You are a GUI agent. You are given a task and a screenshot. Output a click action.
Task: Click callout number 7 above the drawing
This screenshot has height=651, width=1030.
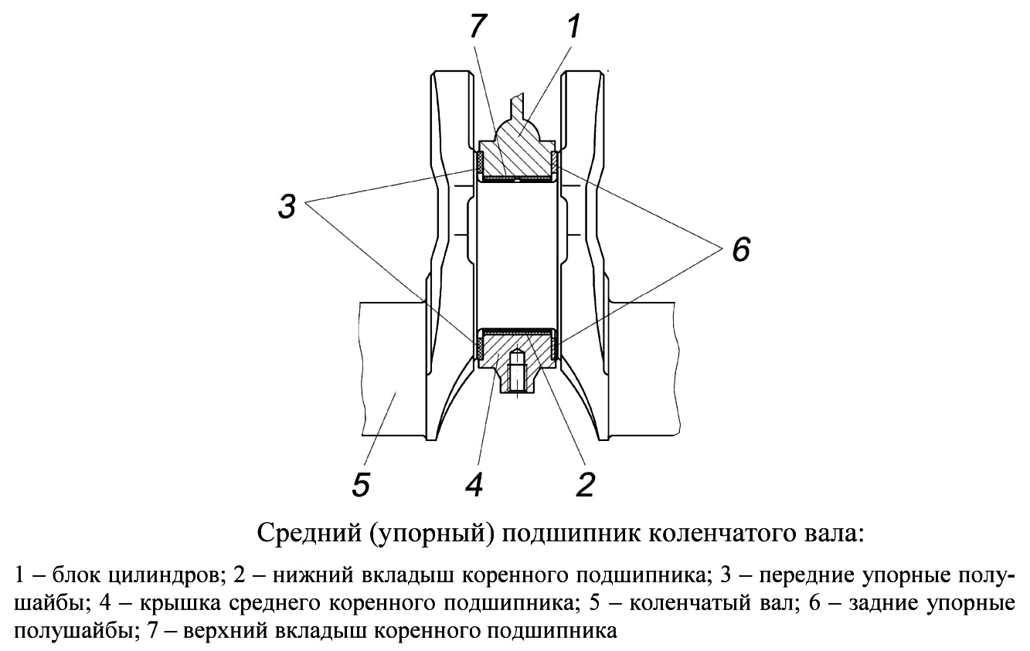[x=478, y=26]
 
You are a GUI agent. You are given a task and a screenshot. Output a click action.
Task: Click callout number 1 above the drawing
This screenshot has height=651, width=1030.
[x=572, y=26]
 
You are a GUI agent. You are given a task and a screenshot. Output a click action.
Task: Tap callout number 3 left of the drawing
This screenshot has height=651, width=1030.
[x=287, y=207]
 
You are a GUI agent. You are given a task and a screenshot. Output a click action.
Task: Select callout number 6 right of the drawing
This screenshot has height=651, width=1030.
[x=741, y=249]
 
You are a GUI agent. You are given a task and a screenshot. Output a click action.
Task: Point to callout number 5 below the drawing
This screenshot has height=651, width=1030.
[x=361, y=484]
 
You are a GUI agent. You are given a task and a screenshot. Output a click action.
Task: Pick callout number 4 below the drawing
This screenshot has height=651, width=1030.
[x=474, y=484]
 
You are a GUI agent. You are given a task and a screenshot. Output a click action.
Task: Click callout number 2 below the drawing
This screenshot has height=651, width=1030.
[x=586, y=484]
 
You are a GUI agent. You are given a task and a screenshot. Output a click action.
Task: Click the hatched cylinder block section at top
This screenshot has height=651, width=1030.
[x=517, y=147]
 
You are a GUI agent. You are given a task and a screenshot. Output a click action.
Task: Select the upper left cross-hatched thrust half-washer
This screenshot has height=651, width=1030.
[x=478, y=163]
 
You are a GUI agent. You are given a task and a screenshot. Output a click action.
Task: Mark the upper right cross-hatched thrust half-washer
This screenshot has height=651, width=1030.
[x=555, y=163]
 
